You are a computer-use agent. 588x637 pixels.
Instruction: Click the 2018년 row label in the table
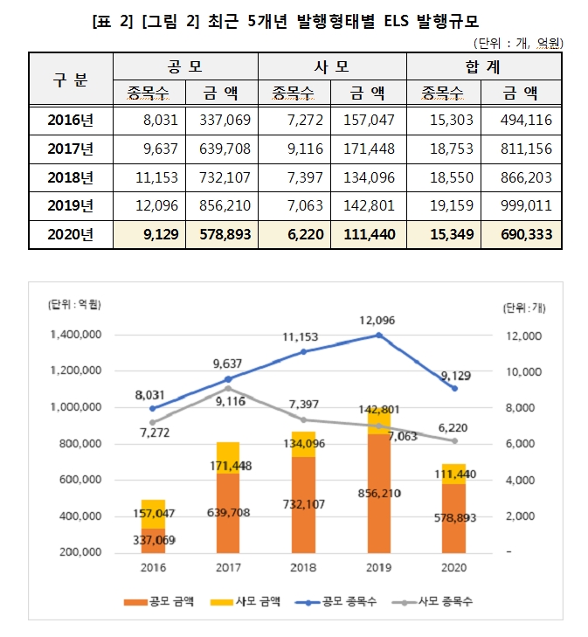coord(72,177)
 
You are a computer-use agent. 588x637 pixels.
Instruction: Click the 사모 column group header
coord(332,66)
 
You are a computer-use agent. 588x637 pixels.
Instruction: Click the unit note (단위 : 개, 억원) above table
coord(518,42)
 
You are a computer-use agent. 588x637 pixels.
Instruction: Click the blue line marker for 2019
coord(378,335)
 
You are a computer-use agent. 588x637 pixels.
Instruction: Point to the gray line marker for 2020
coord(453,441)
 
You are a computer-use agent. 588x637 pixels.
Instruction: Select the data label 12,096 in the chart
coord(377,320)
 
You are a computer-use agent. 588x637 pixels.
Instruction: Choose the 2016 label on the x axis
coord(153,567)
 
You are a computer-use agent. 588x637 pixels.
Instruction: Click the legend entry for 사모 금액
coord(256,601)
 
